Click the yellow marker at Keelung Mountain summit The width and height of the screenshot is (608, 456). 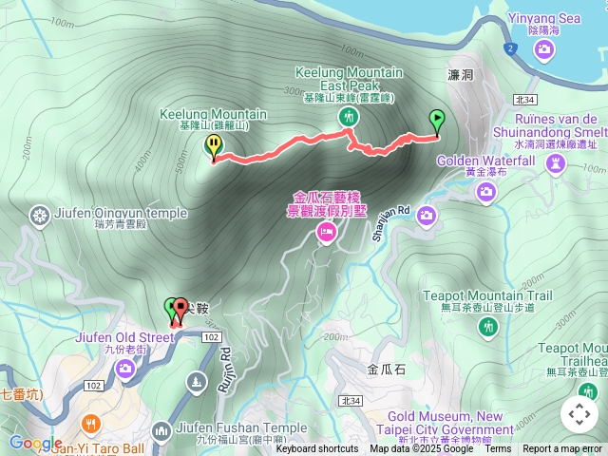coord(214,146)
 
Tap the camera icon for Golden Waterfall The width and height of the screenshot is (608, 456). coord(486,194)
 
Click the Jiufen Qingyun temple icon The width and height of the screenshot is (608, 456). coord(40,216)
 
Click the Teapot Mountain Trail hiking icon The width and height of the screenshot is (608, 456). coord(488,328)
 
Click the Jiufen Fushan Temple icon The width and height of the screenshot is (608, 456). coord(161,432)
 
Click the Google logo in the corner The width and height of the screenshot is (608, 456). coord(35,443)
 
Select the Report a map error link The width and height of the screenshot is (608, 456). coord(562,449)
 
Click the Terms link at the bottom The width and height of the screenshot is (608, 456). coord(498,449)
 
